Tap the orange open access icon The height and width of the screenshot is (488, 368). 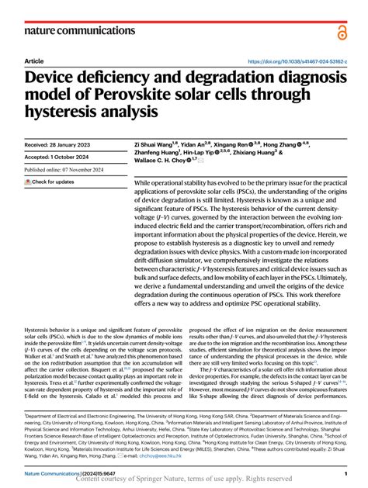(x=342, y=32)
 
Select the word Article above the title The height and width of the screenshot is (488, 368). (x=34, y=61)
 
